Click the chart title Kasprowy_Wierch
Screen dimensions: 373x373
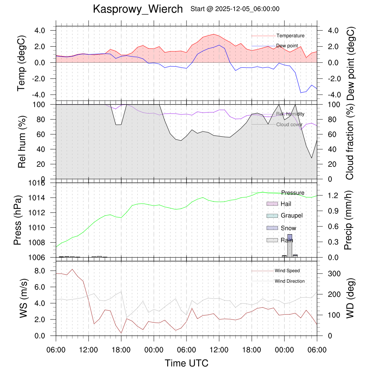pos(138,9)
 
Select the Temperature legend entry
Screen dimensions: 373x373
pos(290,36)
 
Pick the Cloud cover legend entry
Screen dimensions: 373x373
pos(289,125)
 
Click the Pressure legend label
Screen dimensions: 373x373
pos(292,193)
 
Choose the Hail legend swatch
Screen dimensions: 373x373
pos(272,204)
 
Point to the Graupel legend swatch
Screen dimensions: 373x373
pos(272,216)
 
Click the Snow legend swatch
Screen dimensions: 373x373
pos(272,228)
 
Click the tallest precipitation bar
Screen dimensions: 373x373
pos(290,246)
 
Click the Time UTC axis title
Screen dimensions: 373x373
pos(186,363)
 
